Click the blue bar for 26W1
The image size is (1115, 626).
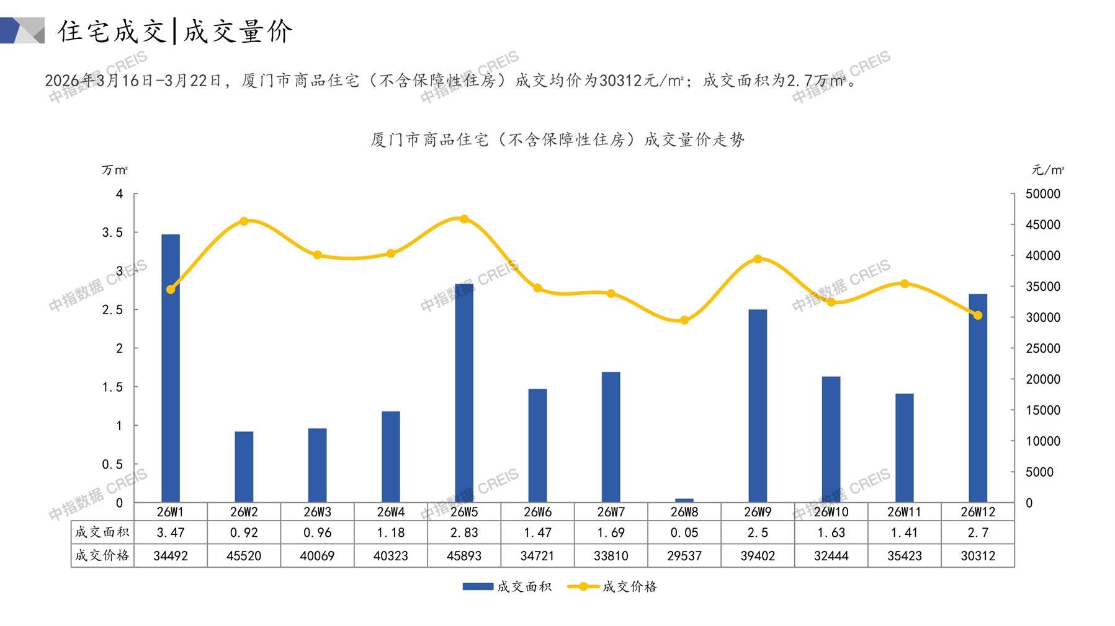point(171,368)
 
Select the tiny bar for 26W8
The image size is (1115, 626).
point(684,500)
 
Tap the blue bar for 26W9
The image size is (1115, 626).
point(758,405)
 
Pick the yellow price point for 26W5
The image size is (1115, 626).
point(464,219)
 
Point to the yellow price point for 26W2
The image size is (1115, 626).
point(244,221)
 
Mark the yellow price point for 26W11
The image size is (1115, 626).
point(904,284)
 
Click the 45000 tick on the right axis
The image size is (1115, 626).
point(1042,225)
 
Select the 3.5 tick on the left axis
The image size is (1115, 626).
point(112,232)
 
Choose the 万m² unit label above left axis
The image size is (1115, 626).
point(115,170)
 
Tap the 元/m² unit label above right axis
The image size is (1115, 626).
point(1047,170)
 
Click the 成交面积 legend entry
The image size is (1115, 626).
point(507,586)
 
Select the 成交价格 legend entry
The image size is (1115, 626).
point(612,586)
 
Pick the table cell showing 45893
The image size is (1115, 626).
point(464,556)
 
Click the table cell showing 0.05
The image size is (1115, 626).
point(684,532)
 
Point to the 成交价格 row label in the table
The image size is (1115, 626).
point(102,556)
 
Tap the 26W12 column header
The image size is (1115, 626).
point(977,512)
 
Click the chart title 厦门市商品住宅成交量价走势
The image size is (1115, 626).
point(557,140)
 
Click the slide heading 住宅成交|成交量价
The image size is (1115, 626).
point(175,31)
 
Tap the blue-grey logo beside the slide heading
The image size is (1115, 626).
point(22,30)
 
